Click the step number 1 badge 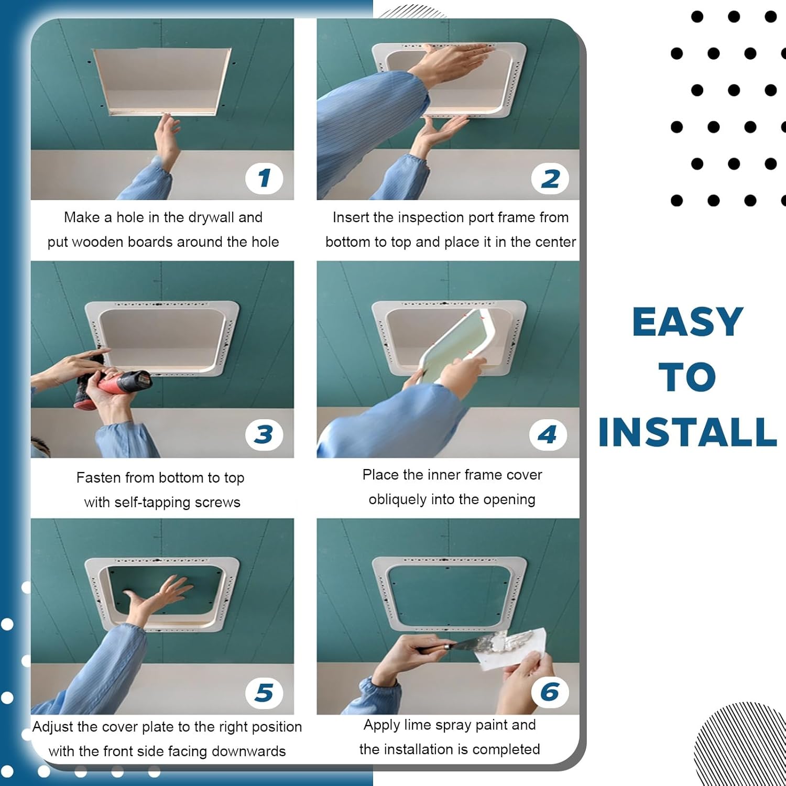(264, 178)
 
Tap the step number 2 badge (550, 179)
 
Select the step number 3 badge (264, 434)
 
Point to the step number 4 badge (548, 434)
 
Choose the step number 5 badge (264, 693)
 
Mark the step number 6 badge (550, 692)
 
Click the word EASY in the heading (687, 322)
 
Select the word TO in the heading (687, 377)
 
